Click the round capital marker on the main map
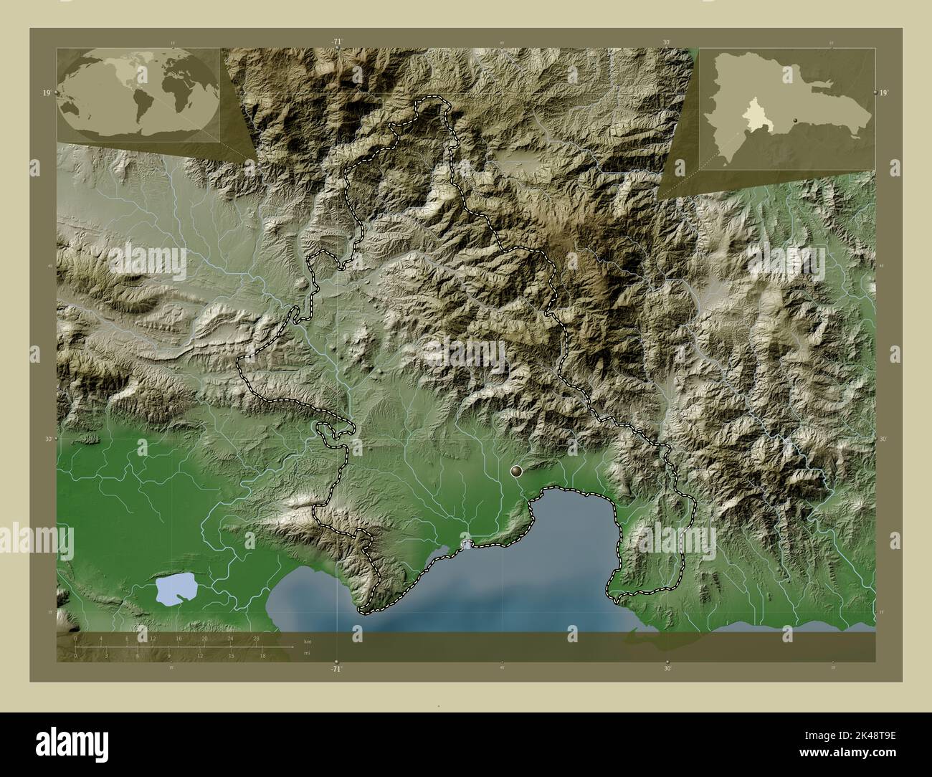tap(516, 472)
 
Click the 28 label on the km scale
tap(256, 638)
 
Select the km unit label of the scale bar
tap(308, 641)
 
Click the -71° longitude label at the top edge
tap(337, 43)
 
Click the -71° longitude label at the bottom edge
tap(337, 669)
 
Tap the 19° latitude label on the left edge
tap(46, 93)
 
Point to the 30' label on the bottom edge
tap(667, 669)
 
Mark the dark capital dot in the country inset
tap(796, 119)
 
